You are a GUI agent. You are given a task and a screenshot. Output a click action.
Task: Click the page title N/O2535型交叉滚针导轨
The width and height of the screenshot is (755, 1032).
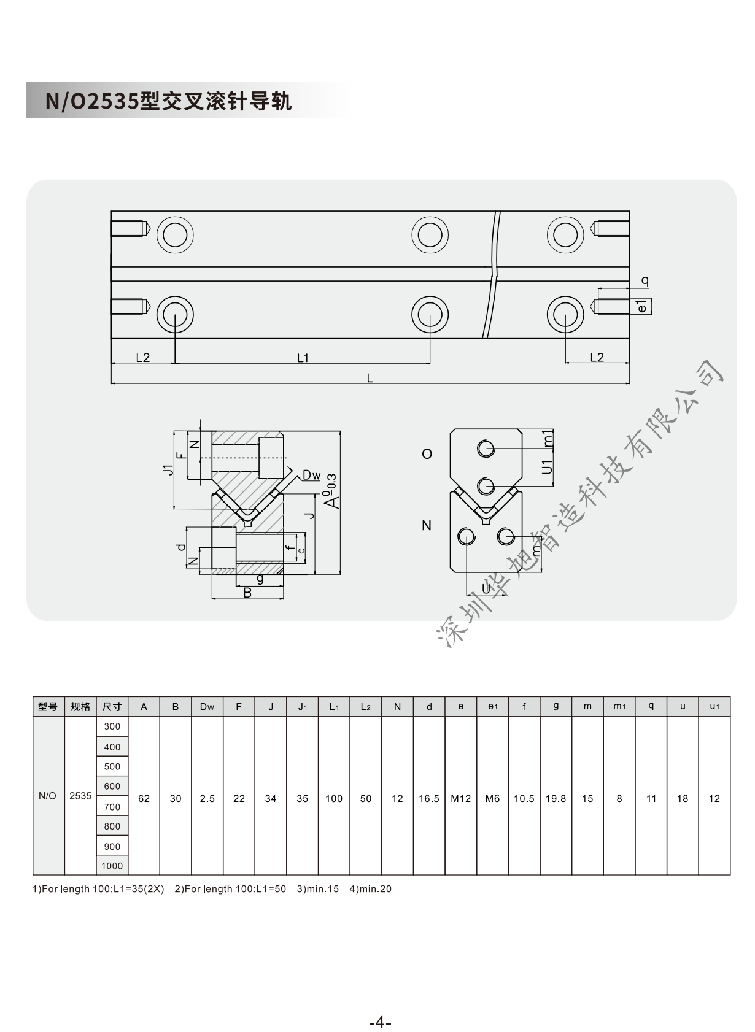pos(168,101)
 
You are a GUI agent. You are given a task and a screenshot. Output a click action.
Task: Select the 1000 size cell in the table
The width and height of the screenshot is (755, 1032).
pos(112,866)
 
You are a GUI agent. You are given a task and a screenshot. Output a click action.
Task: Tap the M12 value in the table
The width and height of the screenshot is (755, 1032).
pos(460,798)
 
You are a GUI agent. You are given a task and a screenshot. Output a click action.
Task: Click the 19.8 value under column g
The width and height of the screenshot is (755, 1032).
pos(556,798)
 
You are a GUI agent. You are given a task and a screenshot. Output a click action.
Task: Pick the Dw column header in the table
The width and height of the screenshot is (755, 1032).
pos(207,707)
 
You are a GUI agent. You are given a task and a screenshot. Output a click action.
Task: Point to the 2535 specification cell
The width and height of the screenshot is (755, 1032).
pos(80,796)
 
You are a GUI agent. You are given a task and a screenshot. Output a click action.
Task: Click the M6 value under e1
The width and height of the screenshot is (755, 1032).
pos(492,798)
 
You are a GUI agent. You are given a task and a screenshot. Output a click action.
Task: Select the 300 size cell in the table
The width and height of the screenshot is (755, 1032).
pos(112,726)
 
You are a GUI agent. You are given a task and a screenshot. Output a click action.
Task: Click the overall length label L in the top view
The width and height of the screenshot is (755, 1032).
pos(370,378)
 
